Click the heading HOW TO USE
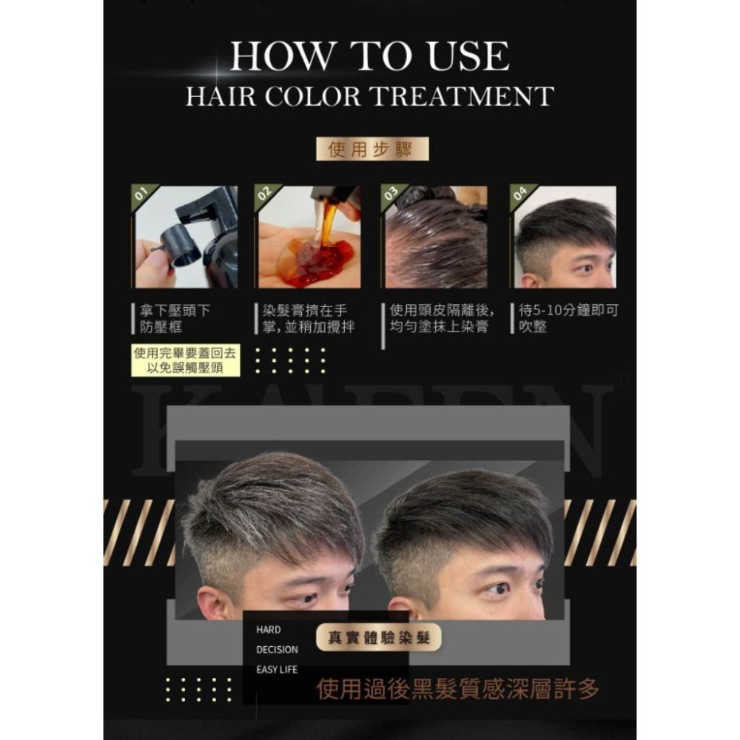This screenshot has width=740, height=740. [369, 55]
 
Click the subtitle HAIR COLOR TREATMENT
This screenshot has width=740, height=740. [369, 95]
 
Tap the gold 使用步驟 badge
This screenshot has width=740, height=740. [372, 149]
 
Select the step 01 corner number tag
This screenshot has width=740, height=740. [141, 193]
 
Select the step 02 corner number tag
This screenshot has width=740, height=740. [265, 193]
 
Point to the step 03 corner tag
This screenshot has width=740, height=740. [391, 193]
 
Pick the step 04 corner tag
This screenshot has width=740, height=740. [520, 193]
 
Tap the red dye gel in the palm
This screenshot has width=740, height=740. [321, 262]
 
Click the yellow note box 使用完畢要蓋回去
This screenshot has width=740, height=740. [185, 361]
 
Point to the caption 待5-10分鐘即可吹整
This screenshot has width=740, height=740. [568, 318]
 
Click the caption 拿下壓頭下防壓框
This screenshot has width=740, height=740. [175, 318]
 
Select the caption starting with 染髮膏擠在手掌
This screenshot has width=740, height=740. [308, 318]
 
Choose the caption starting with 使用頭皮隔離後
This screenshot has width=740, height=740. [442, 318]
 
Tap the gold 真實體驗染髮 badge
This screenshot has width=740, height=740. [378, 638]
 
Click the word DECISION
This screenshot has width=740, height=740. [277, 650]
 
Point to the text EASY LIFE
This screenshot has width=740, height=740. [277, 670]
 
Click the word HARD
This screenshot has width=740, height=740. [268, 630]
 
